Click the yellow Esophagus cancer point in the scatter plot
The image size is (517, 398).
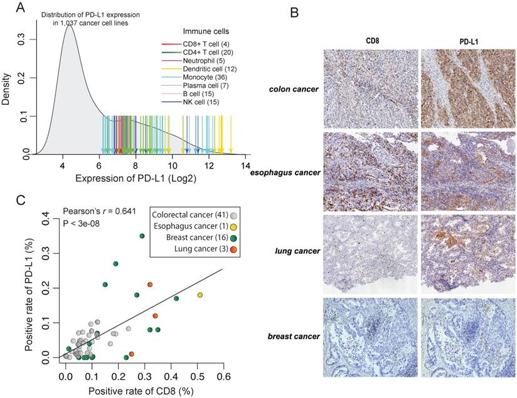click(x=200, y=295)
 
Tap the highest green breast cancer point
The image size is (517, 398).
click(x=142, y=236)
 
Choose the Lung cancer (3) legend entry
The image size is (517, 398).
click(x=187, y=251)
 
